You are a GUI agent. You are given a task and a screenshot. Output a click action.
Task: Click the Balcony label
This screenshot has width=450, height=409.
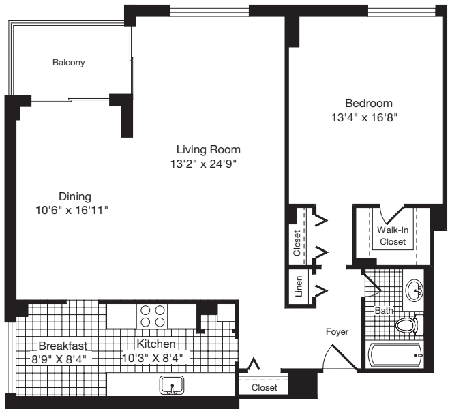pos(69,63)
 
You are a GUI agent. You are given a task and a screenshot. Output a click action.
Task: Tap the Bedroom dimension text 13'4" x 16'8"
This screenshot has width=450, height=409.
pos(368,117)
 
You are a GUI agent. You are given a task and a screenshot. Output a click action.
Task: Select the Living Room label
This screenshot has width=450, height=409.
pos(208,149)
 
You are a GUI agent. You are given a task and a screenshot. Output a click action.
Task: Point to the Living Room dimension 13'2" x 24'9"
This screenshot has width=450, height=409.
pos(208,164)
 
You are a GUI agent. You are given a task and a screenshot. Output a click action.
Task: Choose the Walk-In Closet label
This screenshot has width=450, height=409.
pos(392,236)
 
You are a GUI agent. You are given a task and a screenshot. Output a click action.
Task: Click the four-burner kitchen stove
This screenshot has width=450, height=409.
pos(151,316)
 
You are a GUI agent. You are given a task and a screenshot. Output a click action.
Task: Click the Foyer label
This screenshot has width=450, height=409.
pos(337,332)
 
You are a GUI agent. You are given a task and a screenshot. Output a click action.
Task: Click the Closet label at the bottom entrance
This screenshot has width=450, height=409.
pos(264,387)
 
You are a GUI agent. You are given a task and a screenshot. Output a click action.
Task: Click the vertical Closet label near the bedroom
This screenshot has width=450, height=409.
pos(297,243)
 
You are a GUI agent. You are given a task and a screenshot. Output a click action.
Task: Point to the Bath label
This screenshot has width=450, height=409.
pos(383,310)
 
